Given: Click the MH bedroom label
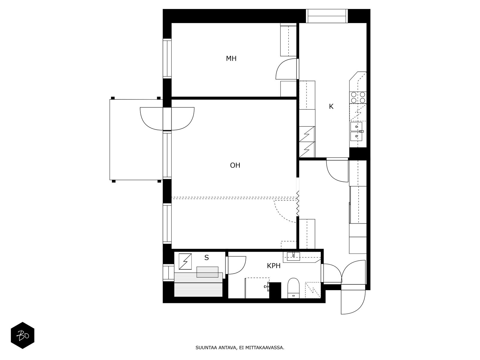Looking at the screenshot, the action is point(231,58).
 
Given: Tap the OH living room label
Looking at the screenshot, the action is point(235,165).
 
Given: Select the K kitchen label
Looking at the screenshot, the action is point(331,106).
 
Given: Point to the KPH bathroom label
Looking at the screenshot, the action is point(273,266).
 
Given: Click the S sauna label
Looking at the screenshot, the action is point(206,258).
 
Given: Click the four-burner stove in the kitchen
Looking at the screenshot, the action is point(358,97).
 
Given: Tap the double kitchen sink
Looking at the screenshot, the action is point(356,132).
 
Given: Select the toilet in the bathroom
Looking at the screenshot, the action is point(293,288).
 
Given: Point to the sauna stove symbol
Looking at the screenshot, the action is point(185,261).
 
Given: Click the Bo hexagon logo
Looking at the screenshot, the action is point(22,335).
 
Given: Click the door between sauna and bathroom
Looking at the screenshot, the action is point(236,265).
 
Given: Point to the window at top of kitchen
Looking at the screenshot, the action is point(326,16).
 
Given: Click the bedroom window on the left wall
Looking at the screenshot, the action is point(167,58).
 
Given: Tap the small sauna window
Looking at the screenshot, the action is point(168,273).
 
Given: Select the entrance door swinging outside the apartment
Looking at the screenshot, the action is point(353,302).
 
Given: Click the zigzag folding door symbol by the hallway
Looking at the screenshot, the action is point(297,203).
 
